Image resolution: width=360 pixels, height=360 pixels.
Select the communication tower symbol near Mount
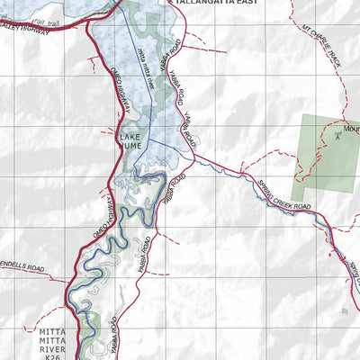point(337,137)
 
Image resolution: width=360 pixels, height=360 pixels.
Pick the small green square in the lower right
point(343,312)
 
